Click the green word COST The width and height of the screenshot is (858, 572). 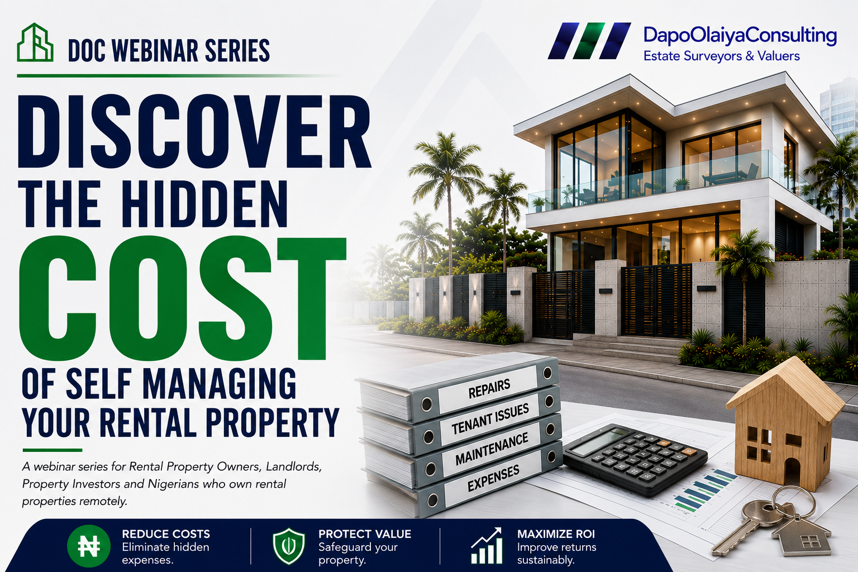coord(183,298)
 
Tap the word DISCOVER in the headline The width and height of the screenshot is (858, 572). coord(194,131)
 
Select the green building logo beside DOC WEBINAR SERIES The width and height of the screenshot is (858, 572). coord(35,42)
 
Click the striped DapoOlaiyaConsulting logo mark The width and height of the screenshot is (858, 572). coord(589,41)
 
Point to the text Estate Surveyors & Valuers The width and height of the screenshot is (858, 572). coord(722,56)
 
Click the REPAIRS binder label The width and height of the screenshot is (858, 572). coord(489,388)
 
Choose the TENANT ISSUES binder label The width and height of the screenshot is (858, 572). coord(490,418)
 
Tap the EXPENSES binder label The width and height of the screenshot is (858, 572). coord(493,478)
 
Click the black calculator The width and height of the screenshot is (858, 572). coord(635,459)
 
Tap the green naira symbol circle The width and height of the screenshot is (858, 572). coord(89,546)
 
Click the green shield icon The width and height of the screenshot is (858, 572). coord(289,546)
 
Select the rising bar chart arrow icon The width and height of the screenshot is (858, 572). coord(487,546)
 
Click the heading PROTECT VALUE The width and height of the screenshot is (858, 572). coord(365,533)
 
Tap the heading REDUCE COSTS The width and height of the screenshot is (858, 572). coord(166,533)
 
